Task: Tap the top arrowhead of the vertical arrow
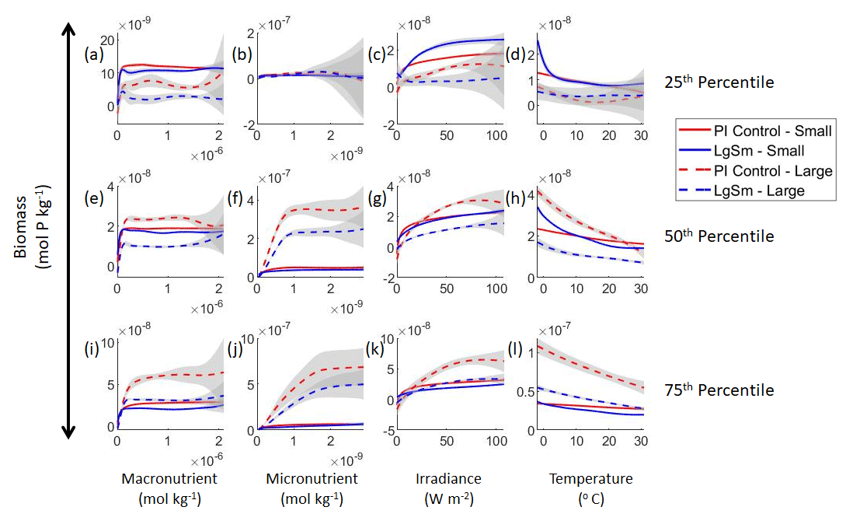pos(68,30)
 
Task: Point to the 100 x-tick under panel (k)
pos(495,442)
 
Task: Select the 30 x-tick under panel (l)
pos(640,442)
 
